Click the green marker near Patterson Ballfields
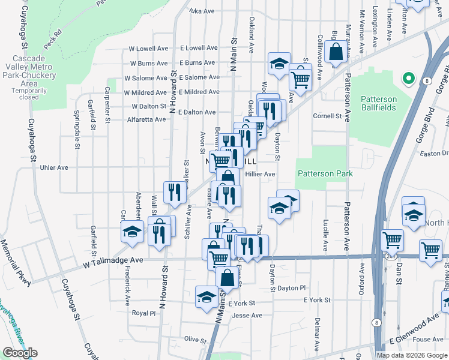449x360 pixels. (x=408, y=78)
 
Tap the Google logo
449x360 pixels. (x=20, y=353)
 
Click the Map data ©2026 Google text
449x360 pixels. (x=412, y=355)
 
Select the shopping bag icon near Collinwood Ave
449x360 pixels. (x=336, y=52)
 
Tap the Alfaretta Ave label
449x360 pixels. (x=145, y=119)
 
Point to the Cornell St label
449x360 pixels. (x=327, y=116)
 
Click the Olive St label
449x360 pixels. (x=195, y=340)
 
